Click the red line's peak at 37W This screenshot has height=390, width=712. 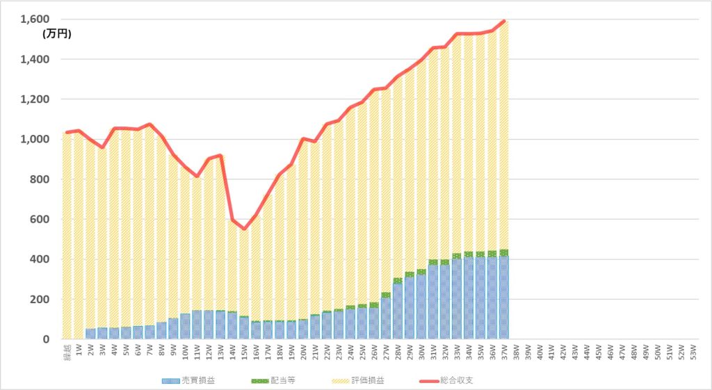(x=503, y=21)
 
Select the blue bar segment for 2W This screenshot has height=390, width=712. (x=90, y=334)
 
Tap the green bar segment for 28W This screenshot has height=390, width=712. (x=397, y=281)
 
